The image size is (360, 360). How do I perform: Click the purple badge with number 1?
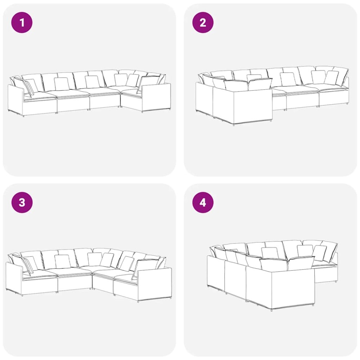click(x=22, y=22)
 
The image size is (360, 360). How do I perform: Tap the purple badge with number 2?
click(x=203, y=22)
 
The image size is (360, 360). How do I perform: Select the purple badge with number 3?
click(x=22, y=202)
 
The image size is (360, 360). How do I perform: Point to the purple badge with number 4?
click(x=203, y=202)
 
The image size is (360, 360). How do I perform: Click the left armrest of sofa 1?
click(x=15, y=100)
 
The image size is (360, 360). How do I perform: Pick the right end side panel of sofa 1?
click(x=156, y=97)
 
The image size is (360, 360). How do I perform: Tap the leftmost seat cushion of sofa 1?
click(x=39, y=95)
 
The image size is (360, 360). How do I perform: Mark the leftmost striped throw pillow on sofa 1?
click(x=28, y=87)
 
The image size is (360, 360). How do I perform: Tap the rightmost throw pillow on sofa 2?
click(x=332, y=77)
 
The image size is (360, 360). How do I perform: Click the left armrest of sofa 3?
click(x=14, y=278)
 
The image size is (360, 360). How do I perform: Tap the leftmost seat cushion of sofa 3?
click(x=39, y=274)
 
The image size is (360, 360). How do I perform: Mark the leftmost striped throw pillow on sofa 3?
click(x=29, y=265)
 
